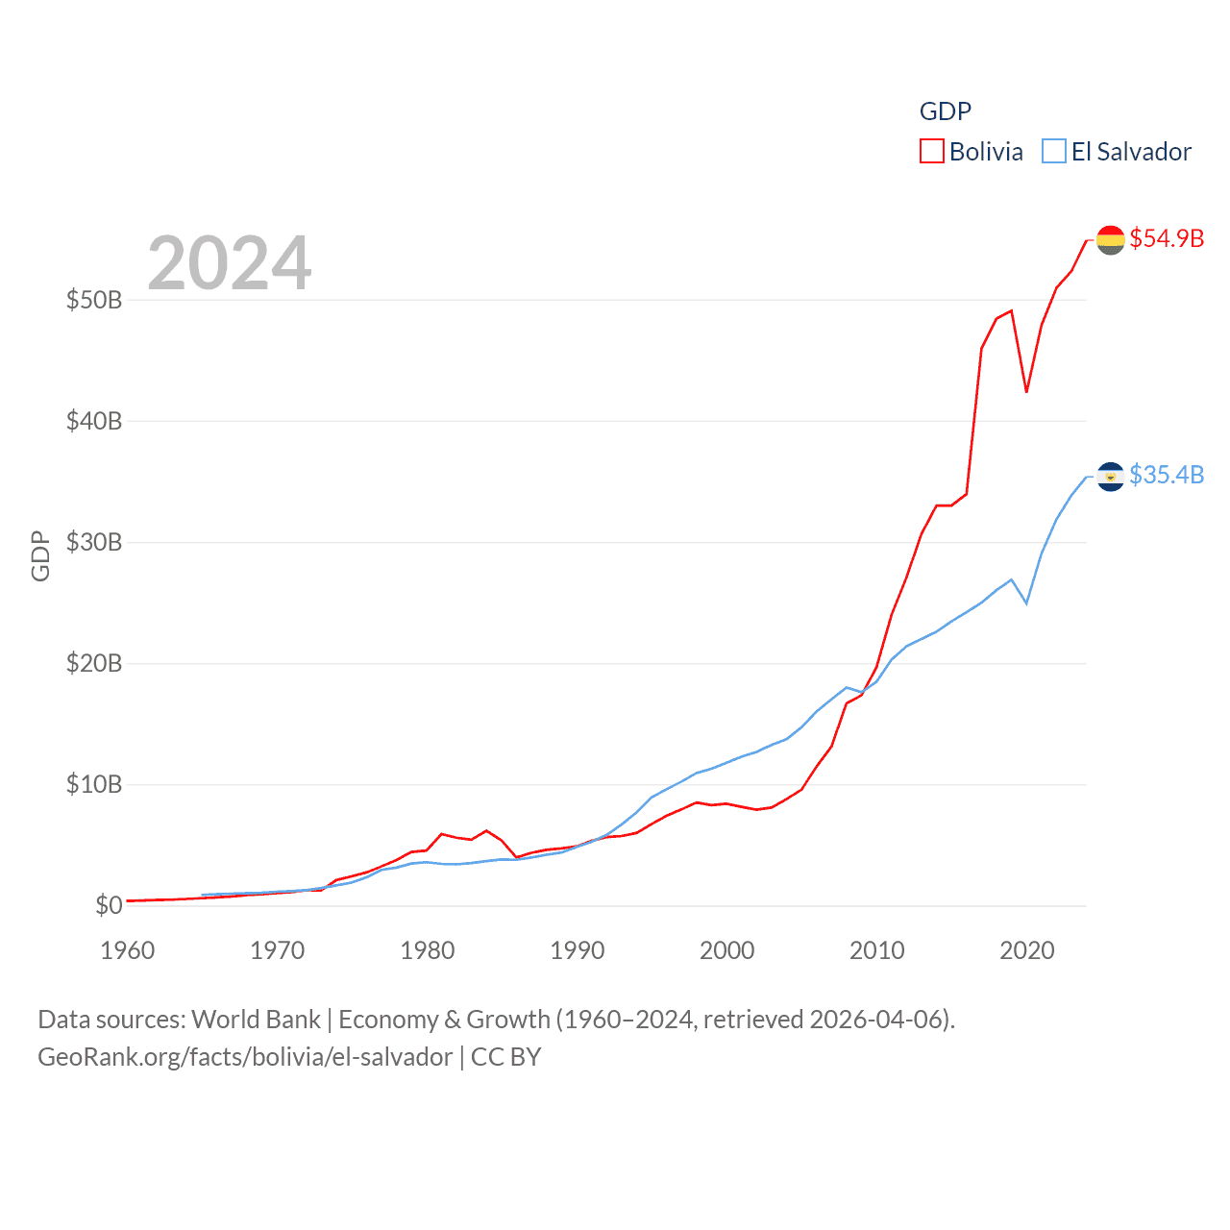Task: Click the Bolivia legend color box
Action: (931, 152)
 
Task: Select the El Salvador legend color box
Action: (1054, 152)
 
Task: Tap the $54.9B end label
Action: (1167, 238)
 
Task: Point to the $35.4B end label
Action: (1167, 475)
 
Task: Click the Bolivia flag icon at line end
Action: (1110, 239)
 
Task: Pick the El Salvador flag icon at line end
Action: (1110, 476)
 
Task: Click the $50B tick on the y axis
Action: (94, 300)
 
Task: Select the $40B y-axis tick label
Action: (94, 421)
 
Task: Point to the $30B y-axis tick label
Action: (94, 542)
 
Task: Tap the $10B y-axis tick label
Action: (94, 784)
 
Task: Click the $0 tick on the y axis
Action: (109, 905)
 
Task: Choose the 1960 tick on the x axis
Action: (128, 950)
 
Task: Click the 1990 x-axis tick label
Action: (578, 950)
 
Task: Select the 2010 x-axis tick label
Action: (877, 950)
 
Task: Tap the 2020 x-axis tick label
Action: (1027, 950)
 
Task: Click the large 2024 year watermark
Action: (229, 262)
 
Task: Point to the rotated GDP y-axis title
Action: (40, 556)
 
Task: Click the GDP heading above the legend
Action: (946, 111)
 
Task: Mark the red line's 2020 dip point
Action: (1026, 391)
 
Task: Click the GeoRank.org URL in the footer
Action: (245, 1057)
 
